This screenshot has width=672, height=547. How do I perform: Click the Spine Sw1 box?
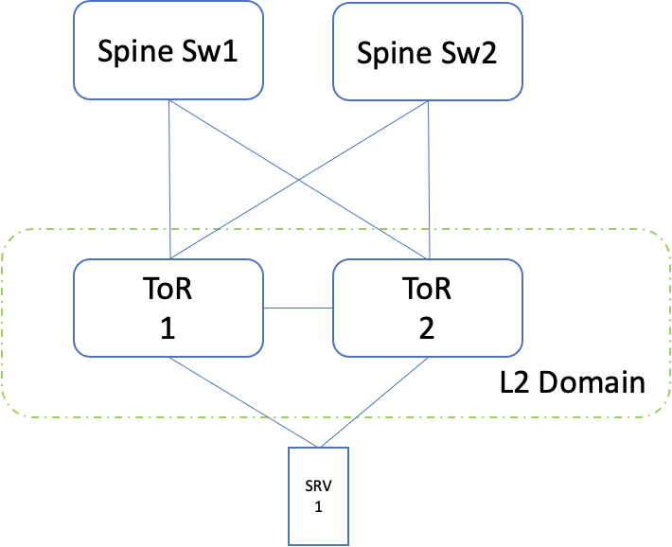pos(168,49)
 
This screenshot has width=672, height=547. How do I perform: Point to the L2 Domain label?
pos(572,383)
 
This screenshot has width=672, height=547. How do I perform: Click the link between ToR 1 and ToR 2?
pos(297,308)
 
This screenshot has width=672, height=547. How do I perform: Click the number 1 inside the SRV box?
pos(317,507)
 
